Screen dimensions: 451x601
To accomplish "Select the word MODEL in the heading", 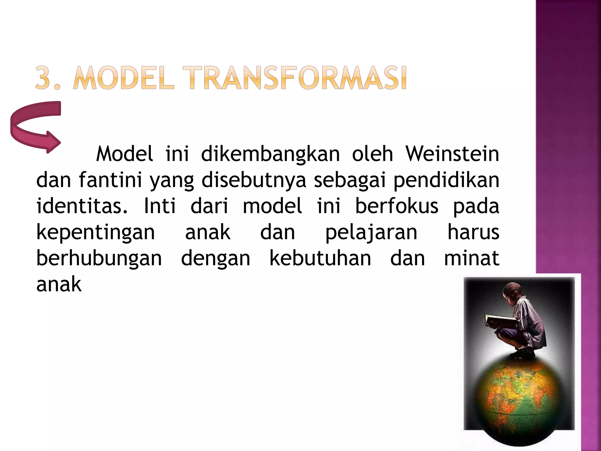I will click(123, 78).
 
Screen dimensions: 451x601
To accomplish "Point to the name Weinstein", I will click(452, 154).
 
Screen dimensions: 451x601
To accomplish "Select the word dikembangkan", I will click(270, 154).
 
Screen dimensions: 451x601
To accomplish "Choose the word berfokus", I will click(397, 206).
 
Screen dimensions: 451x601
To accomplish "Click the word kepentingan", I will click(96, 233).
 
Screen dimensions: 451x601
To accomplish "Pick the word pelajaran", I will click(371, 233).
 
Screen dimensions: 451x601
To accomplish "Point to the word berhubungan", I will click(99, 258).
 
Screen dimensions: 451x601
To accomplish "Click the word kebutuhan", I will click(320, 258).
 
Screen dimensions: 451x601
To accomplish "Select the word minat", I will click(472, 258).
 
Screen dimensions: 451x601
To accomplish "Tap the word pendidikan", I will click(446, 180).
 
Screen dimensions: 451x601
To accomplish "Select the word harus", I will click(473, 233).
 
